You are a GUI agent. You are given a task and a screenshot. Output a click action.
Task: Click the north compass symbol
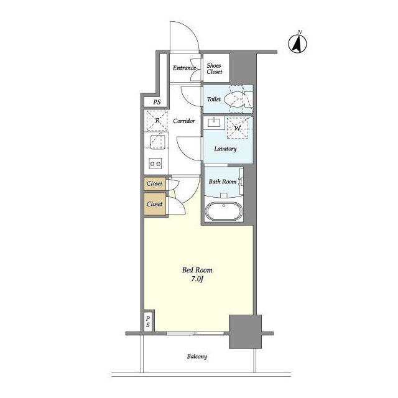coord(297,42)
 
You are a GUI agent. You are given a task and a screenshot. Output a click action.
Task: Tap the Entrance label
coord(184,68)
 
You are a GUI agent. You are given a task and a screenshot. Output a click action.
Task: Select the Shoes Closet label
coord(214,68)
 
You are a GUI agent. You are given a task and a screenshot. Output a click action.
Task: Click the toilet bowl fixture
coord(235,99)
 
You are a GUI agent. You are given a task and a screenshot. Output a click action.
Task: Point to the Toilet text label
coord(214,99)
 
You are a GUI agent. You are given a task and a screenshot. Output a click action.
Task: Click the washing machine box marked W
coord(237,128)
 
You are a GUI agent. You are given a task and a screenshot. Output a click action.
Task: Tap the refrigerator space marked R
coord(157,121)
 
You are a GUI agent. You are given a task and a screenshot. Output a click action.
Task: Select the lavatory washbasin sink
coord(215,123)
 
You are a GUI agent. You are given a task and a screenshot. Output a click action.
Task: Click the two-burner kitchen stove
coord(155,164)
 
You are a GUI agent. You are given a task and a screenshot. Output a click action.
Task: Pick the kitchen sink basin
coord(157,142)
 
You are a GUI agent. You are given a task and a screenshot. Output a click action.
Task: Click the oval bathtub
coord(224,211)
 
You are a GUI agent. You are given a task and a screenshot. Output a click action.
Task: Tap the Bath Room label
coord(223,182)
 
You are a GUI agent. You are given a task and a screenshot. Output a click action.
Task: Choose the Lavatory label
coord(225,149)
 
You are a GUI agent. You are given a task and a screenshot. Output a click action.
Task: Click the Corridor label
coord(184,121)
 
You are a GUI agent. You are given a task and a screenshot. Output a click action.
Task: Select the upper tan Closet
coord(155,183)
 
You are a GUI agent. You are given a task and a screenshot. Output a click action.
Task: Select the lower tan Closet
coord(155,204)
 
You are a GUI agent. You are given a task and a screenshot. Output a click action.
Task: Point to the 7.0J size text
coord(197,279)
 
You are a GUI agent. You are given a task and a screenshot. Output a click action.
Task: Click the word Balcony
coord(197,356)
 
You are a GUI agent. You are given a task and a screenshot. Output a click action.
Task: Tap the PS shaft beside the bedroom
coord(148,322)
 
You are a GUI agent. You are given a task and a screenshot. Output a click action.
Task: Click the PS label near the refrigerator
coord(157,102)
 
